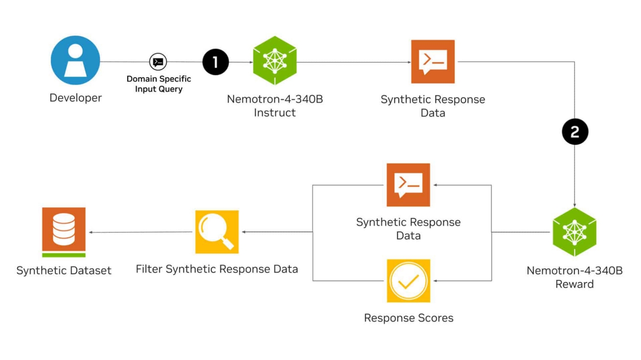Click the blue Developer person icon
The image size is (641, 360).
[x=76, y=60]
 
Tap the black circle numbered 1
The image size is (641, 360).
[x=216, y=62]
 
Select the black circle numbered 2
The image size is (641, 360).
[x=575, y=132]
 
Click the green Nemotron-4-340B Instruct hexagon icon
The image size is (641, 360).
[x=274, y=61]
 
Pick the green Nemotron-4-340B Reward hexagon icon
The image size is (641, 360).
[x=574, y=232]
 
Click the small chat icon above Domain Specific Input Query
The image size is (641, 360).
[x=158, y=62]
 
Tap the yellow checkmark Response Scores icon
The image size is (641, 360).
[x=408, y=281]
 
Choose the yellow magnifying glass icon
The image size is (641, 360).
[x=217, y=232]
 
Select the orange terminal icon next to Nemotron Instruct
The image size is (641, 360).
[x=432, y=62]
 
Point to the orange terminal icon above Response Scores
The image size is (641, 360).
[x=408, y=185]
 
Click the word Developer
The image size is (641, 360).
[x=76, y=98]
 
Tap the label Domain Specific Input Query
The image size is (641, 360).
[x=159, y=84]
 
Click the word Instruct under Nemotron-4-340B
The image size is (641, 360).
[x=275, y=113]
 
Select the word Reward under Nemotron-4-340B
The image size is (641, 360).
[x=574, y=284]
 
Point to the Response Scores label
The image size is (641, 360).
[x=408, y=318]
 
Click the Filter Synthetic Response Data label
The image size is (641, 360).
[x=217, y=269]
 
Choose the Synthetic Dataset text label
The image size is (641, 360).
[x=64, y=271]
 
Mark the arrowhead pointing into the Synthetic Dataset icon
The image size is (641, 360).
[x=91, y=232]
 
